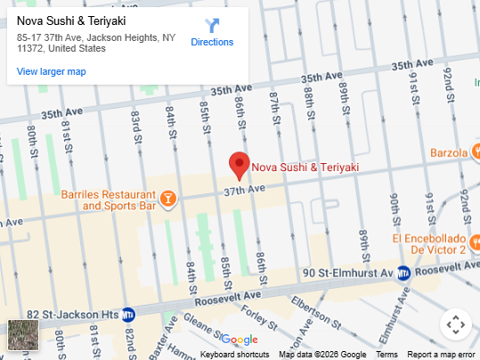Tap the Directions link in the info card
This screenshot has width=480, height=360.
click(212, 42)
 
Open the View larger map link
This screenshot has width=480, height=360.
click(51, 71)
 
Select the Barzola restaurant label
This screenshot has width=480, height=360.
click(449, 152)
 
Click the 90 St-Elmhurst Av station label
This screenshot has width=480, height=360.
click(347, 273)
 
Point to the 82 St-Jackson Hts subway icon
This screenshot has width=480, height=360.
click(128, 314)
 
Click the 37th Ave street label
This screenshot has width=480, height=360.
click(245, 191)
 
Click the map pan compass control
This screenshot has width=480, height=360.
click(454, 324)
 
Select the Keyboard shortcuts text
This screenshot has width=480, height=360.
click(234, 355)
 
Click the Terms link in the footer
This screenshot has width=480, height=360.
click(386, 355)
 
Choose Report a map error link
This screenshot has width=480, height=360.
click(441, 355)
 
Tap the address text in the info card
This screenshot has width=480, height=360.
click(96, 43)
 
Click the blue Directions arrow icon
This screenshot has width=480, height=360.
click(212, 25)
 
